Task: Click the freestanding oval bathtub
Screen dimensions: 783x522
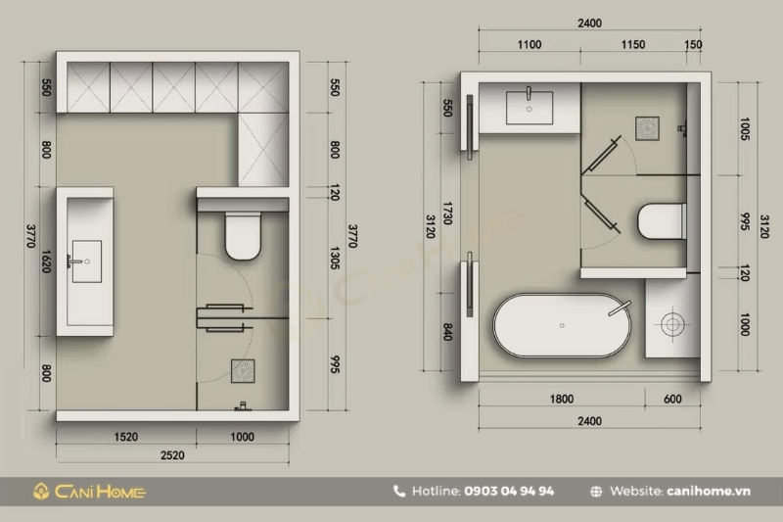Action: point(562,325)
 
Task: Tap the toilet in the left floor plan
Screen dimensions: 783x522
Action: point(243,236)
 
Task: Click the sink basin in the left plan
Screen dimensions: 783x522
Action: point(87,261)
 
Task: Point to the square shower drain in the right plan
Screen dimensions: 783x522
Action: point(647,128)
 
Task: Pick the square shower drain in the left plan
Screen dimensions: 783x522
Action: point(243,371)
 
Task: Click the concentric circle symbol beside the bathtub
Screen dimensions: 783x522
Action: point(672,325)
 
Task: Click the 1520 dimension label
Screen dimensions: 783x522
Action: point(126,437)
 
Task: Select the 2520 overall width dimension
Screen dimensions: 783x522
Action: point(172,455)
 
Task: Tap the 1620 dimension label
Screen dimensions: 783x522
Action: point(46,261)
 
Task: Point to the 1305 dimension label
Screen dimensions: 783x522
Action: point(335,259)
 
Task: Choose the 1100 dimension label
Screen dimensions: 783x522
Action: point(530,45)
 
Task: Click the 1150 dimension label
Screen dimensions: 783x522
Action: point(633,45)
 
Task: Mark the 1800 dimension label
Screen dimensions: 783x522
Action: point(562,400)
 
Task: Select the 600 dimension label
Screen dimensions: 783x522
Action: point(672,400)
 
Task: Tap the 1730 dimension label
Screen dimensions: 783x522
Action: point(447,214)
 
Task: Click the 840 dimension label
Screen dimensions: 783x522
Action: point(447,332)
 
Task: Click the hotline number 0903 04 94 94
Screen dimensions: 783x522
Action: point(509,491)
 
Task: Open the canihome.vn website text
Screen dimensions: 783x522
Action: point(708,491)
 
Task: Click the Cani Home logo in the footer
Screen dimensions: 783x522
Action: point(89,492)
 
